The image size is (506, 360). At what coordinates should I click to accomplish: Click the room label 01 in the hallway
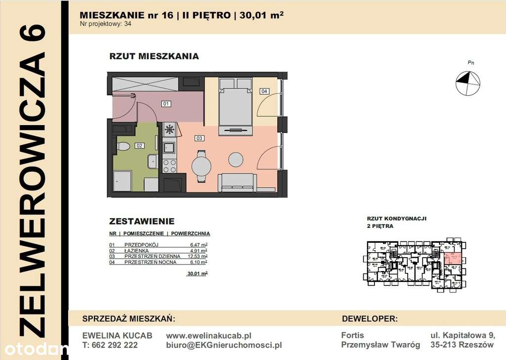[x=166, y=104]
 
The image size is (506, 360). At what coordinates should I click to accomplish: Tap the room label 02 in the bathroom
[x=139, y=146]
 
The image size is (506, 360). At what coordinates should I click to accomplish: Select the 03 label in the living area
[x=199, y=138]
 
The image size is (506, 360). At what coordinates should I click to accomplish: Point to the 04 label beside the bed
[x=264, y=91]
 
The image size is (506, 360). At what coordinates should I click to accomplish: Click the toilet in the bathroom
[x=123, y=146]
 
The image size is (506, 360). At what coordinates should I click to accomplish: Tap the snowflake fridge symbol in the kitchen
[x=169, y=130]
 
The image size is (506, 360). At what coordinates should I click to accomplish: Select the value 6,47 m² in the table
[x=199, y=245]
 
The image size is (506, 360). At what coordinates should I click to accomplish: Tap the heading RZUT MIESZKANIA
[x=154, y=56]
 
